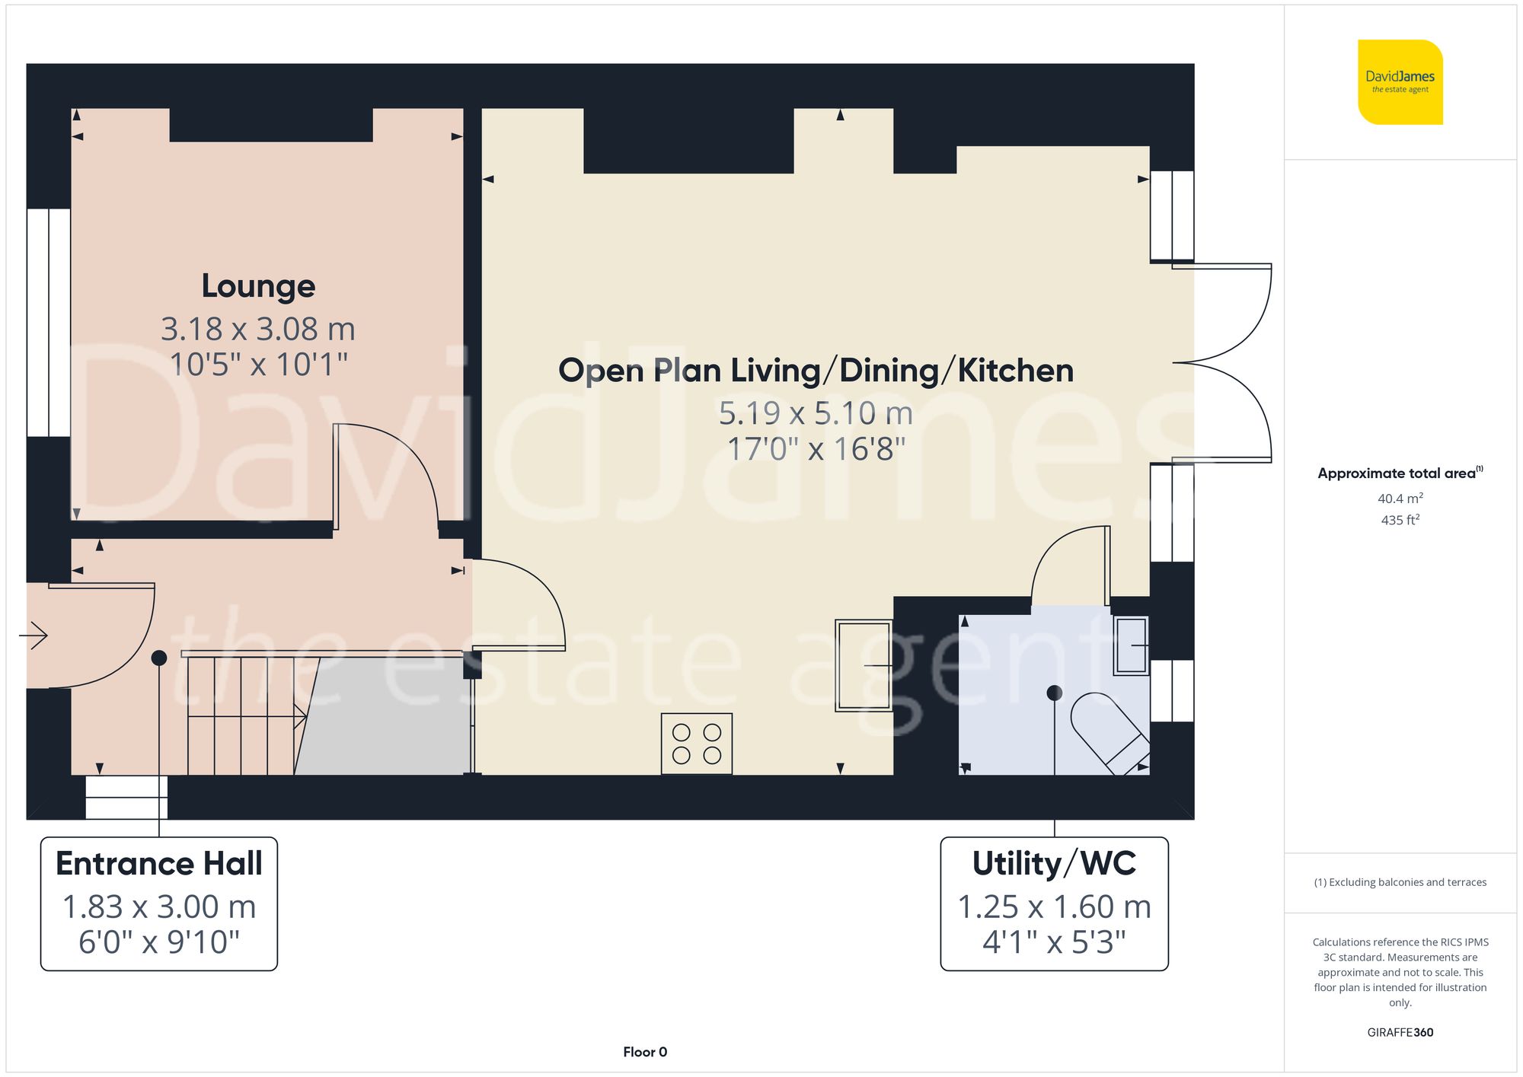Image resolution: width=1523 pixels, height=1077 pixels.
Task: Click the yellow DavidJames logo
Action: click(1400, 82)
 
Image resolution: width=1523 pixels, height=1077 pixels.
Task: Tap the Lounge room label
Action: click(258, 286)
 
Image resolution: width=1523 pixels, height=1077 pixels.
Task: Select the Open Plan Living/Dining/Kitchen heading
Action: click(816, 371)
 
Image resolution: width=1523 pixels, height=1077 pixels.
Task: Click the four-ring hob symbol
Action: click(696, 744)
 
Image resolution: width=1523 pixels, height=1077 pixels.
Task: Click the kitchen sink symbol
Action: click(864, 665)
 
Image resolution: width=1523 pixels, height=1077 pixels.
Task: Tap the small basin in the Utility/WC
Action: click(1131, 645)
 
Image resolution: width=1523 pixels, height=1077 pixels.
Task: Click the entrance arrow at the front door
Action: click(34, 635)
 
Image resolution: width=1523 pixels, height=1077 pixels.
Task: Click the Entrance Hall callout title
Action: click(159, 864)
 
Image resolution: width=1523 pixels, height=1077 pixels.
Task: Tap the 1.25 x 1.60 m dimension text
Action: click(1054, 907)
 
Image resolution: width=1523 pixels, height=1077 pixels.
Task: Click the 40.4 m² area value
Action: click(1400, 499)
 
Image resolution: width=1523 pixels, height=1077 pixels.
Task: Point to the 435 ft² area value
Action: click(1400, 520)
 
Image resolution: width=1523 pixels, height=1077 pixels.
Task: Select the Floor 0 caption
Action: click(644, 1052)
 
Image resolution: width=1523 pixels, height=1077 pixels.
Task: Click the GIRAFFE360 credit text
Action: click(1400, 1032)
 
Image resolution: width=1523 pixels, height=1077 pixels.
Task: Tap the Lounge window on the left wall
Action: click(49, 322)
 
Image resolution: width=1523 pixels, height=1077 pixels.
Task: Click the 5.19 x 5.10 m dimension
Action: click(816, 413)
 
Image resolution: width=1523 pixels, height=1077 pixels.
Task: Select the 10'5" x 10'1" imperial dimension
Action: click(258, 365)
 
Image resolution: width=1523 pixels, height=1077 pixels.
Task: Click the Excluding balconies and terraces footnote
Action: click(1400, 882)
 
